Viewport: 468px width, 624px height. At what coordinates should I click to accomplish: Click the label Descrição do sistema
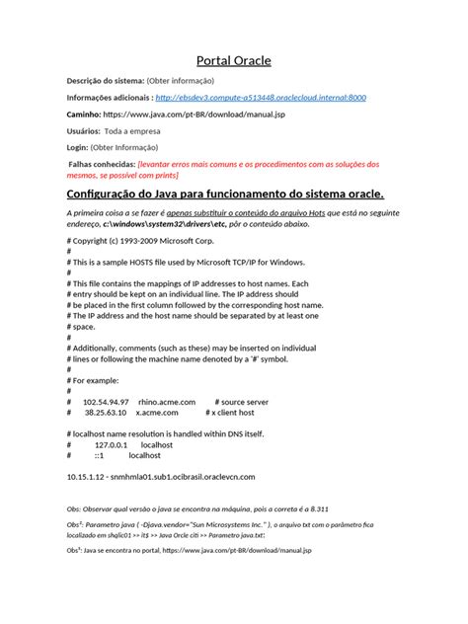coord(104,80)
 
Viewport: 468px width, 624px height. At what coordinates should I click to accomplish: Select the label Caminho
coord(88,115)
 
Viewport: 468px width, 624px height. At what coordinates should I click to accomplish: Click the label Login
coord(77,149)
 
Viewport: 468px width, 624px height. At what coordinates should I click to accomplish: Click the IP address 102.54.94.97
coord(106,402)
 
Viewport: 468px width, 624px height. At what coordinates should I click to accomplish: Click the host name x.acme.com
coord(158,414)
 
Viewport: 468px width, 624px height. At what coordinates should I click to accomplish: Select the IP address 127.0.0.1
coord(113,446)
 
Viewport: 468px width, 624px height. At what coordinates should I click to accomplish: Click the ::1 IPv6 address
coord(100,456)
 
